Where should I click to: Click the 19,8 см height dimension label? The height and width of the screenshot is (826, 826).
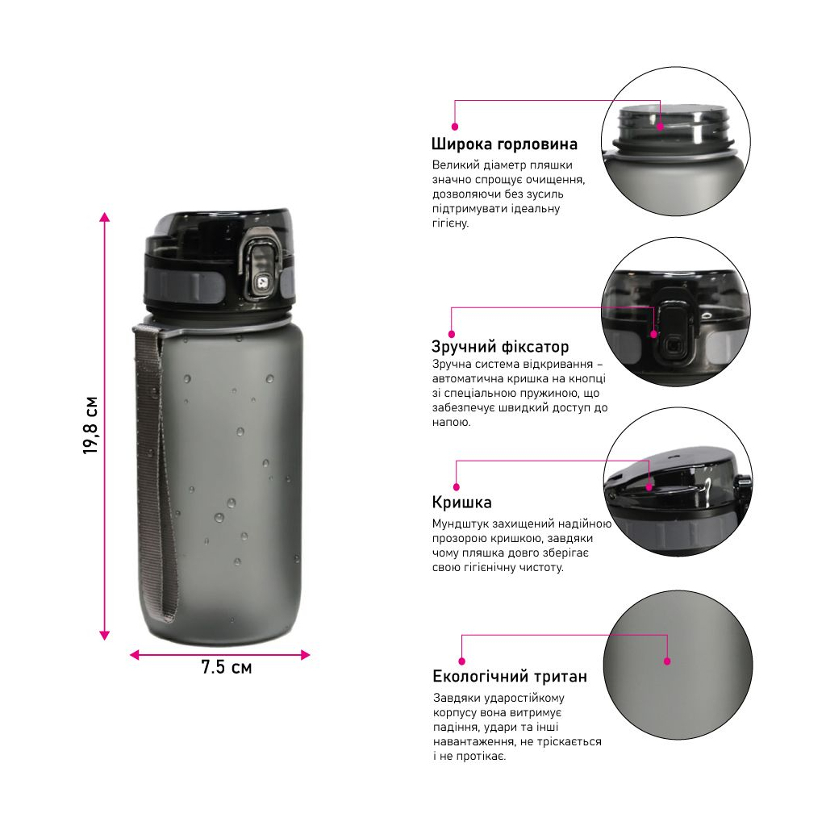coord(91,426)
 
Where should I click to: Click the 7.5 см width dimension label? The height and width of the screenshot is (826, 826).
coord(227,667)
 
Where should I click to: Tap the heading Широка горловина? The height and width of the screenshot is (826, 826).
coord(504,144)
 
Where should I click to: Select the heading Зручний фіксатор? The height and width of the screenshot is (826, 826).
coord(500,347)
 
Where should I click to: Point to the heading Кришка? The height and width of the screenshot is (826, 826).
coord(462,502)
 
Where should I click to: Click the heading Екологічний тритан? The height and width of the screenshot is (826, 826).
coord(510,676)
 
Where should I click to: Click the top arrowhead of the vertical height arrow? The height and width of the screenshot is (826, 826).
coord(104,217)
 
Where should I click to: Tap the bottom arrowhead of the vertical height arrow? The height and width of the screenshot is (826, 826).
coord(104,636)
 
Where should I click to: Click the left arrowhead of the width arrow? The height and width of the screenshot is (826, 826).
coord(135,655)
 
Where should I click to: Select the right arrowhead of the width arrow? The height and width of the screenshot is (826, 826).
coord(305,655)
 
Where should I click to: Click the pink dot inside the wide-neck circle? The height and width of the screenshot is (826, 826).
coord(660,127)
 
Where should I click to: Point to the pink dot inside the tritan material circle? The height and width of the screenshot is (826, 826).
coord(667,661)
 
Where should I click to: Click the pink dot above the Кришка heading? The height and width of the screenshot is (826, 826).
coord(457,487)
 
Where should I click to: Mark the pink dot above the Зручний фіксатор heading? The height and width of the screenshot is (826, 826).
coord(452,334)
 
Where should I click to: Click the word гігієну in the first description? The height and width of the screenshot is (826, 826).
coord(450,223)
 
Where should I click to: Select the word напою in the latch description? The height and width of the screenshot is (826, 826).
coord(452,423)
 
